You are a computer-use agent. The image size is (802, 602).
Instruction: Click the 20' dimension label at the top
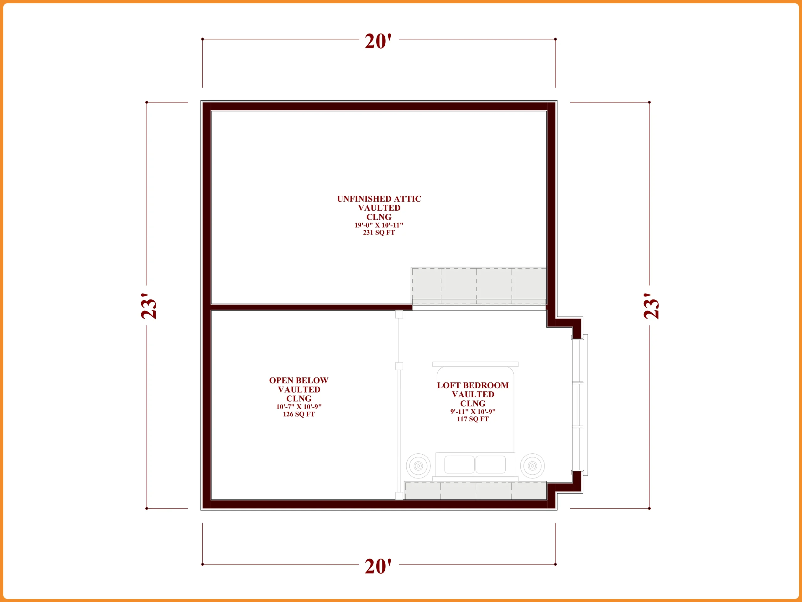coord(378,41)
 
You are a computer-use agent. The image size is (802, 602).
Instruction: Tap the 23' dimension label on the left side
coord(149,306)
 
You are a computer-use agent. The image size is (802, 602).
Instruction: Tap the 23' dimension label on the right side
coord(652,306)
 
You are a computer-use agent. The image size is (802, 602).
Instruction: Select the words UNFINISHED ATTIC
coord(379,199)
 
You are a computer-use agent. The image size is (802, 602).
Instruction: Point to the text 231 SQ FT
coord(379,233)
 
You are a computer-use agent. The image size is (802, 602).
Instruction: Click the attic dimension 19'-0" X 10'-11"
coord(379,225)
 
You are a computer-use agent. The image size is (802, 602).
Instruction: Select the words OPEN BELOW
coord(299,380)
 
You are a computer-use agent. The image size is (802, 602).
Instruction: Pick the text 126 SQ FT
coord(299,415)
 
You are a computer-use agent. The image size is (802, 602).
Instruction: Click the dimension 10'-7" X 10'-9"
coord(299,407)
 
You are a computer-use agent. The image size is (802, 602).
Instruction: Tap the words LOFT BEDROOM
coord(473,385)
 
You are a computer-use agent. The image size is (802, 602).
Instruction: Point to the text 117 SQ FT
coord(473,419)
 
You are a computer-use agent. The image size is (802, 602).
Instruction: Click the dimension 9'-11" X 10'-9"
coord(473,411)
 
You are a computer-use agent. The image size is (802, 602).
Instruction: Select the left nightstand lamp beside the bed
coord(419,466)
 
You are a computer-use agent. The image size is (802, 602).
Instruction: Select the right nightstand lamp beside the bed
coord(532,466)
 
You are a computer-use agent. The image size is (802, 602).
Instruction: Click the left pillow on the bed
coord(459,464)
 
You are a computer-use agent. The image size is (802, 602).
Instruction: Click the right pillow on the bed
coord(491,464)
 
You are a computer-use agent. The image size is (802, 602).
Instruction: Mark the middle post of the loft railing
coord(399,366)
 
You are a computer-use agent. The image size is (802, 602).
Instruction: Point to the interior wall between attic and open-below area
coord(311,307)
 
